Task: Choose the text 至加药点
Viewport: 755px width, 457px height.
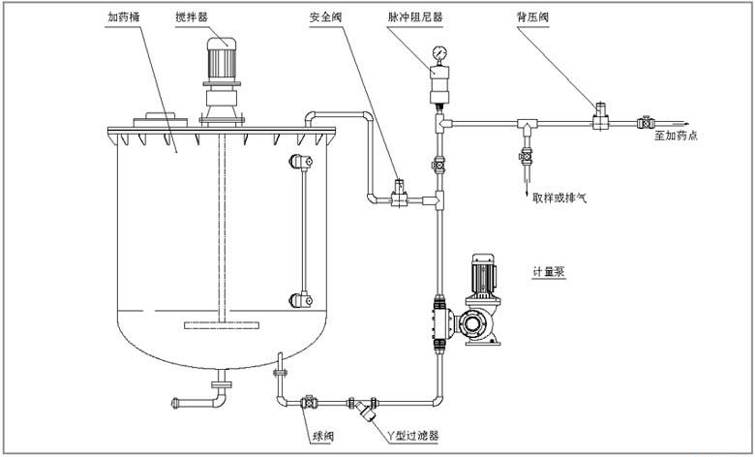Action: (675, 137)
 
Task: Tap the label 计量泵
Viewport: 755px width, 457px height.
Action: (548, 272)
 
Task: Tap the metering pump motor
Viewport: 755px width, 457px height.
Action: (480, 275)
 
